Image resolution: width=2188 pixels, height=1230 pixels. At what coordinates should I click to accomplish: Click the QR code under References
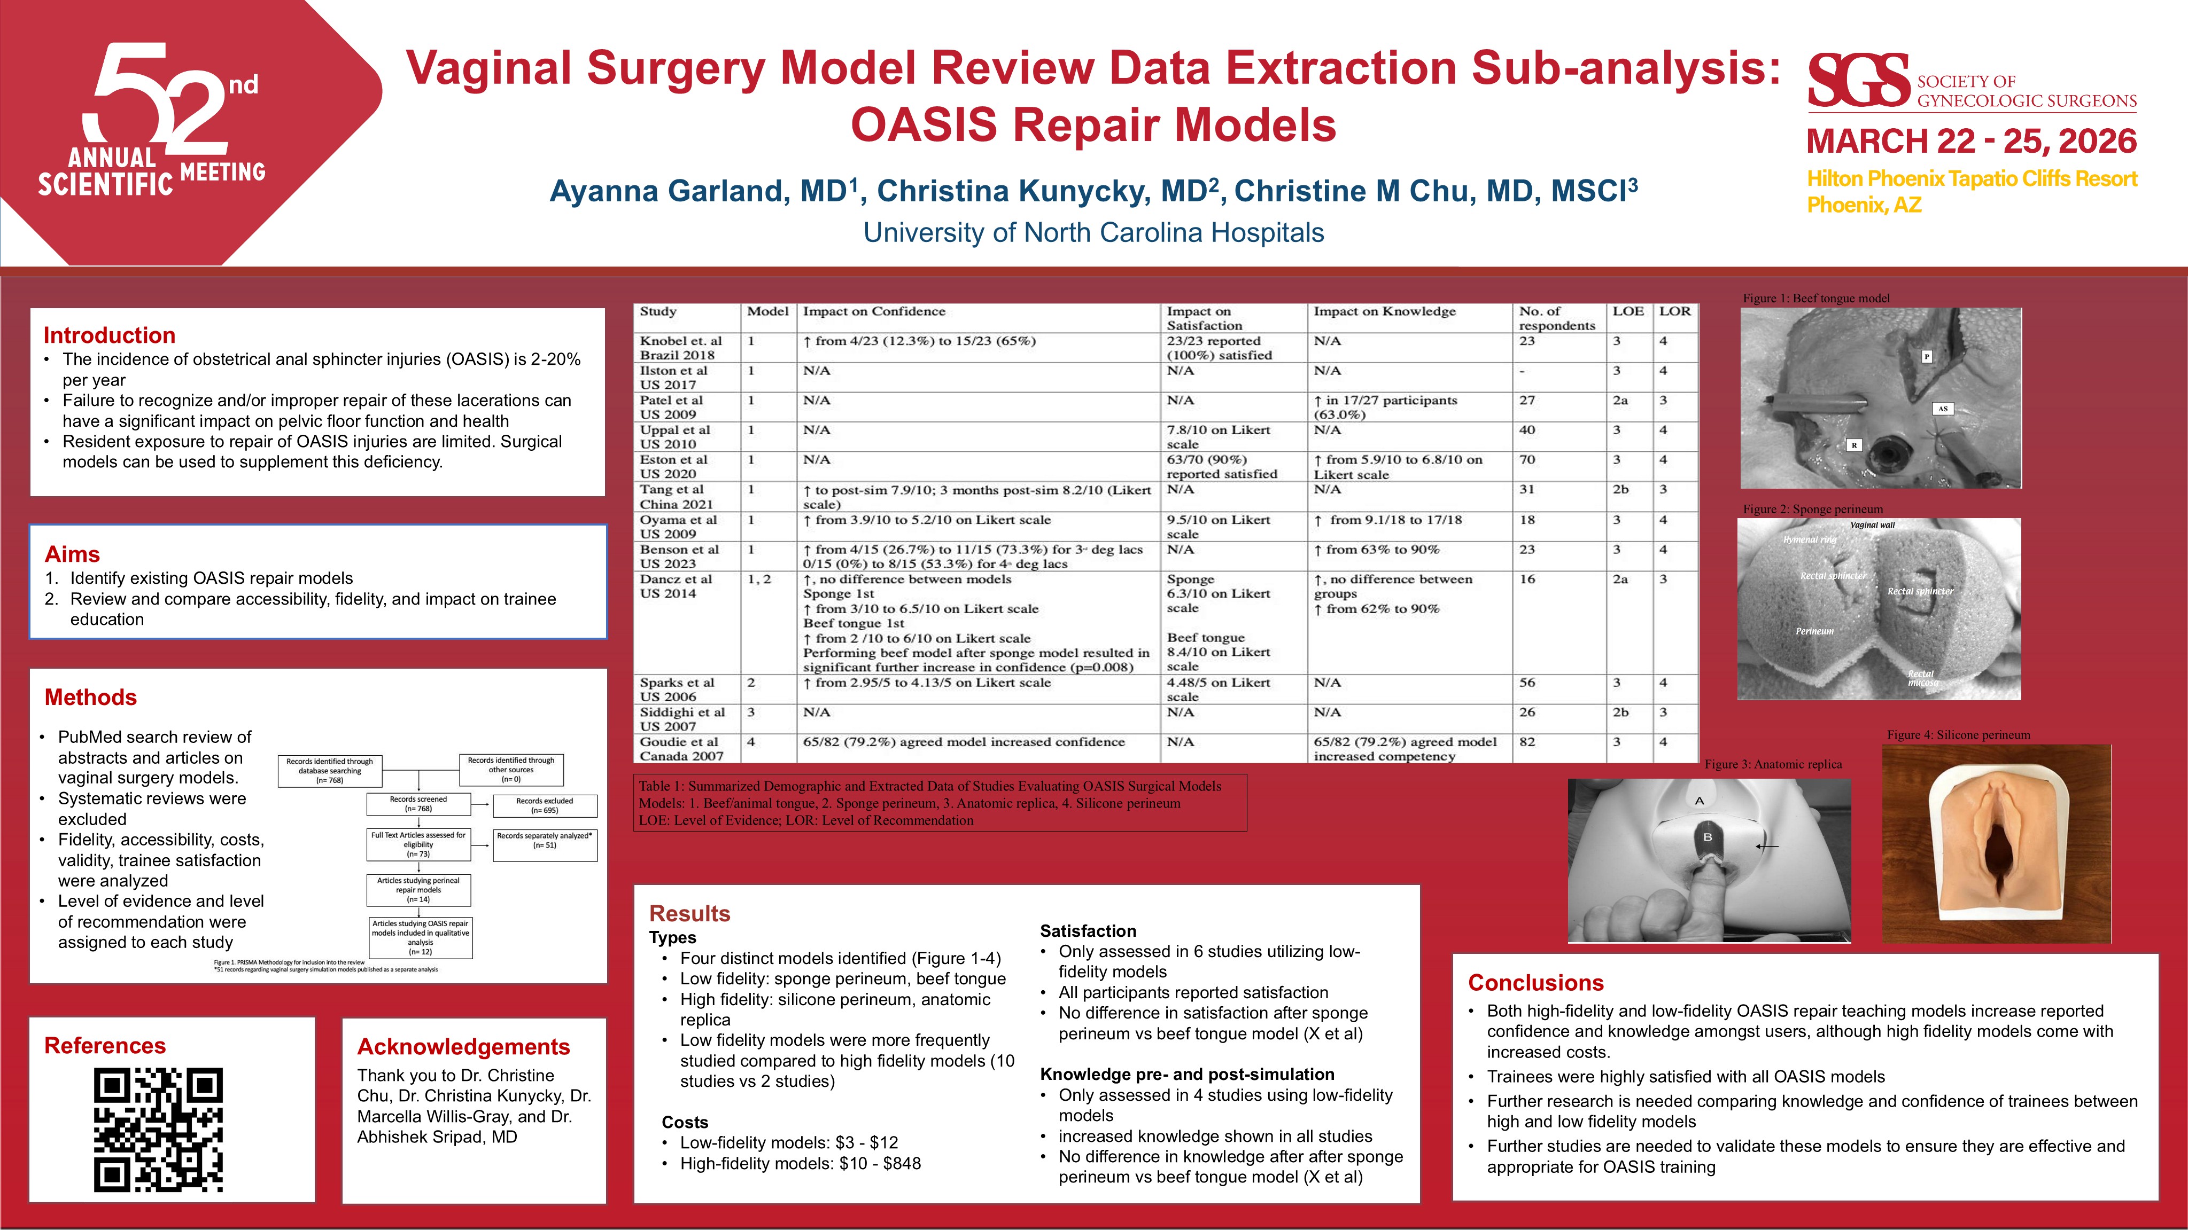tap(158, 1129)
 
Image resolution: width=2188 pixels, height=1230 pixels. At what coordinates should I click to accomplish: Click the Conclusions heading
tap(1535, 983)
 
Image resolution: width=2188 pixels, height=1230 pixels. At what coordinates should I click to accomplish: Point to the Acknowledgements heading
tap(463, 1047)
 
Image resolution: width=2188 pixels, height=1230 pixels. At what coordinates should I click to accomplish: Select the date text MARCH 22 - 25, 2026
tap(1970, 141)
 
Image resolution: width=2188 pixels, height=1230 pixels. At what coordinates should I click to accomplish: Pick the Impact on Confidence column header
tap(873, 311)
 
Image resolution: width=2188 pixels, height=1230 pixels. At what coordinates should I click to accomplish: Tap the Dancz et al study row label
tap(675, 586)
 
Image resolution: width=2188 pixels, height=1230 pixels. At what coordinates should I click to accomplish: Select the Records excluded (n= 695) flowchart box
tap(545, 805)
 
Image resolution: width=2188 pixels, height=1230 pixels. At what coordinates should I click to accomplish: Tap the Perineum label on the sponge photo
tap(1814, 631)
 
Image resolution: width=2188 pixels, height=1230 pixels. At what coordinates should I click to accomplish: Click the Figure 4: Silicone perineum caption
tap(1958, 735)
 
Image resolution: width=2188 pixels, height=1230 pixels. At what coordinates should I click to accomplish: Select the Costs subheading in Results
tap(685, 1122)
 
